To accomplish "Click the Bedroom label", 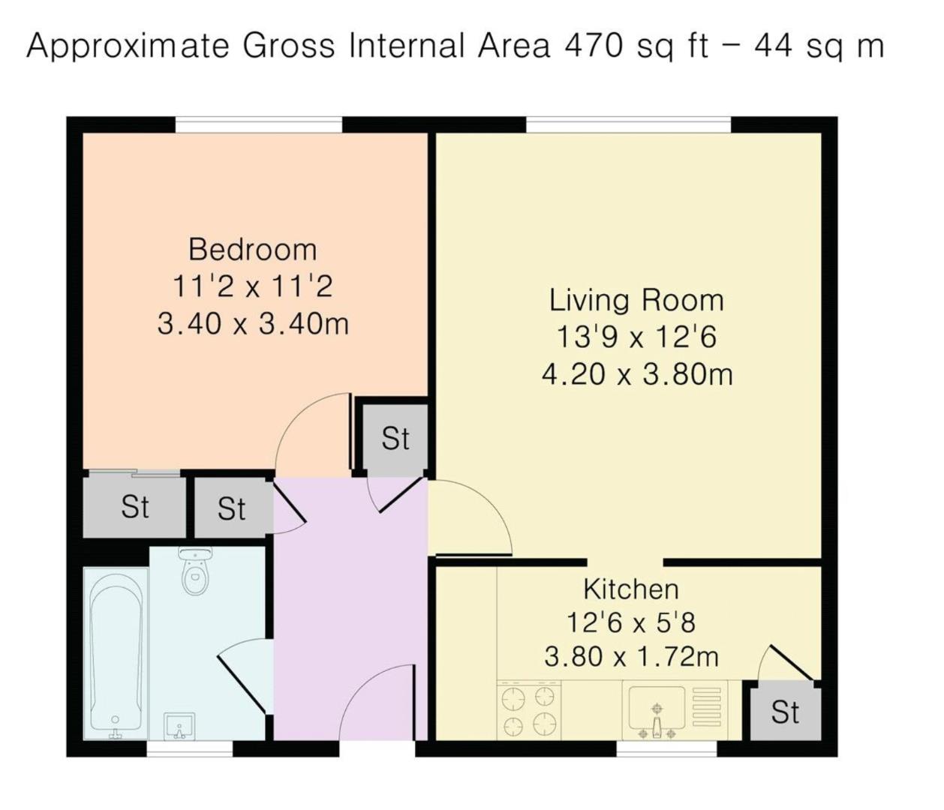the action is tap(253, 250).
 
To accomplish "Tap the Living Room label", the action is tap(636, 301).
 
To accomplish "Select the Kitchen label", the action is tap(631, 589).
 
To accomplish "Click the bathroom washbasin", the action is tap(179, 725).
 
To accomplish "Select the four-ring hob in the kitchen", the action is tap(528, 709).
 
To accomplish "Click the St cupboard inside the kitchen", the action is tap(785, 712).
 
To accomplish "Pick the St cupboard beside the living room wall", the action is tap(395, 438).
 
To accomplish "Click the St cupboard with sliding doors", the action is tap(135, 507).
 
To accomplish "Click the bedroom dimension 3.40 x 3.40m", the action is tap(253, 324).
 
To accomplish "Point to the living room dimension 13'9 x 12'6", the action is tap(636, 338).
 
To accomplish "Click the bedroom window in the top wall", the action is tap(259, 124).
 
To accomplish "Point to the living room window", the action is tap(628, 124).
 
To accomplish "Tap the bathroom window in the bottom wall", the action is tap(190, 748).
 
